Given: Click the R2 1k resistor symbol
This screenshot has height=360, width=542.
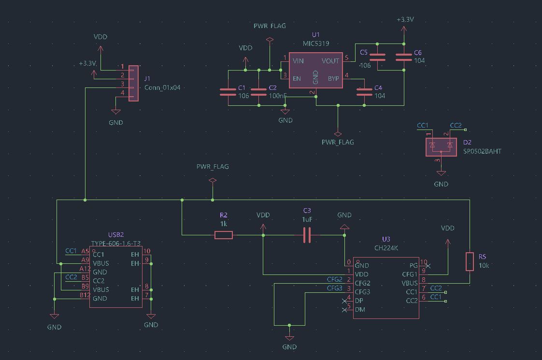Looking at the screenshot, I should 224,235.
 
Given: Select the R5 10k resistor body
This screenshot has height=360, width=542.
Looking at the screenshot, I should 469,261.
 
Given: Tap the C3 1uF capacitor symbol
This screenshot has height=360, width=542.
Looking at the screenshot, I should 307,235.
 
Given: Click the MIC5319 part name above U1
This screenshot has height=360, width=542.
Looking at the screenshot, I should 316,43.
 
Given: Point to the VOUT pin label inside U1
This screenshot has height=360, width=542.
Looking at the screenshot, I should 330,61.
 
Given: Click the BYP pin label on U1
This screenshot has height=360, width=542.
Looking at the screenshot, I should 333,78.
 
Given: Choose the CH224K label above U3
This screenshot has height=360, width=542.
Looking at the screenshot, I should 385,248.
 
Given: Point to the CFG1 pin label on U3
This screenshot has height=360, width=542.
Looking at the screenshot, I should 409,274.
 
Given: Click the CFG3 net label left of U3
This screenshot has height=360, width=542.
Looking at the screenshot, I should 334,288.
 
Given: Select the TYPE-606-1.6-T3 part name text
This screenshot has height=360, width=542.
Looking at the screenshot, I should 116,244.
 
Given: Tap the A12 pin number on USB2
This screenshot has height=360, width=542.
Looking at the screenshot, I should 85,269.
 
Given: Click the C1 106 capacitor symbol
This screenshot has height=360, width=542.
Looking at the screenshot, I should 228,92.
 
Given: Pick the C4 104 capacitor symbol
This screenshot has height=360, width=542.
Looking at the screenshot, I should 364,92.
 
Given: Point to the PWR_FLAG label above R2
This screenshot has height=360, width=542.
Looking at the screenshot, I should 213,166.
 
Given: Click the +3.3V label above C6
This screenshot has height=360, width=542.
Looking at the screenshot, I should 405,20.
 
